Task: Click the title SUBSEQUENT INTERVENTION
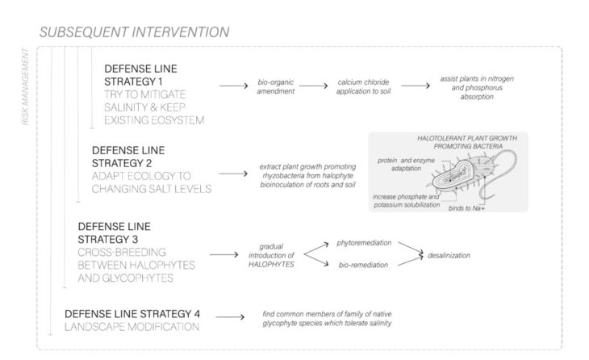[x=133, y=32]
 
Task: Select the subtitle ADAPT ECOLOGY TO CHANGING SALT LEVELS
[x=152, y=184]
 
